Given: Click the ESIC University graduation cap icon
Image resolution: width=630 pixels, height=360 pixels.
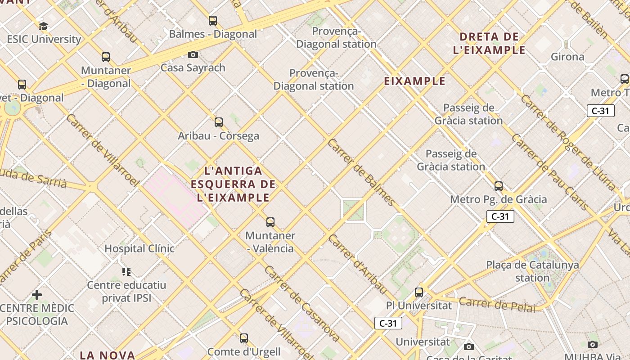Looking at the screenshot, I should pos(43,26).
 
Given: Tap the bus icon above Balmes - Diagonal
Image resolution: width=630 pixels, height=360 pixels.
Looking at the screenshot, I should pos(213,21).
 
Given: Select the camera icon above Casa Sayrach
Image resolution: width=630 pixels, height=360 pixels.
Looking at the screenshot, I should pos(193,55).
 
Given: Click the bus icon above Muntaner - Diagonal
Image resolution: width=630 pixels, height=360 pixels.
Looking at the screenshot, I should pos(106,57).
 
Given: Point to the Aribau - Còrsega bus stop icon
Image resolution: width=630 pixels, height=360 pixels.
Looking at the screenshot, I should pos(219,122).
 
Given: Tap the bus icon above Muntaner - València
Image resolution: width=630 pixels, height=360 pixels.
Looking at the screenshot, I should pos(270,222).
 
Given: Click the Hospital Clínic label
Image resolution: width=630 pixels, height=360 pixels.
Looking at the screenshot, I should pos(139,248).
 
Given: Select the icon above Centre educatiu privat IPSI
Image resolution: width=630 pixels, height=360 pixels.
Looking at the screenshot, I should pos(126,271).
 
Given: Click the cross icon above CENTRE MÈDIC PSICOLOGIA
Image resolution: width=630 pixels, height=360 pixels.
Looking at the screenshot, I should pos(37,295).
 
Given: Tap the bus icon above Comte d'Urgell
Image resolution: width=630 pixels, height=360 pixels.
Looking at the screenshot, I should pos(244,338).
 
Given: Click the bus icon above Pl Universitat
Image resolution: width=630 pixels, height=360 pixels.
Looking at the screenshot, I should pos(419,292).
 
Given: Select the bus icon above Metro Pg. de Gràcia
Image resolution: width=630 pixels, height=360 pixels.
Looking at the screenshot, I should pos(499,186).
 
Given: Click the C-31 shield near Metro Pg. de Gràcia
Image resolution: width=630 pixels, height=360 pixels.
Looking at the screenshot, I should pos(500,216).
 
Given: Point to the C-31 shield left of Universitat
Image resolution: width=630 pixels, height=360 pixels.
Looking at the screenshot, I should pos(388,323).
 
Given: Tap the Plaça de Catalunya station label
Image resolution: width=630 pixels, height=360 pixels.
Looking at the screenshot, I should pos(532,271).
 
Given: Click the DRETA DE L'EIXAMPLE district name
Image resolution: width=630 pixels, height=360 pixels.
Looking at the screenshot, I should pos(489,43).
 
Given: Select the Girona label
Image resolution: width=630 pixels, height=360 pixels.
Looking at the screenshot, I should pos(567,57).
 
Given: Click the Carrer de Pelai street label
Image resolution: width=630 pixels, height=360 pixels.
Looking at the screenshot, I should pos(497,305).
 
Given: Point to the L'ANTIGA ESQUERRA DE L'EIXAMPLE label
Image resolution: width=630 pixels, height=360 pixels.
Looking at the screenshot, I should pos(233,184).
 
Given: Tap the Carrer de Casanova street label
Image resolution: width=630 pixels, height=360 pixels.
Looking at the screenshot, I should pos(302,304).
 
